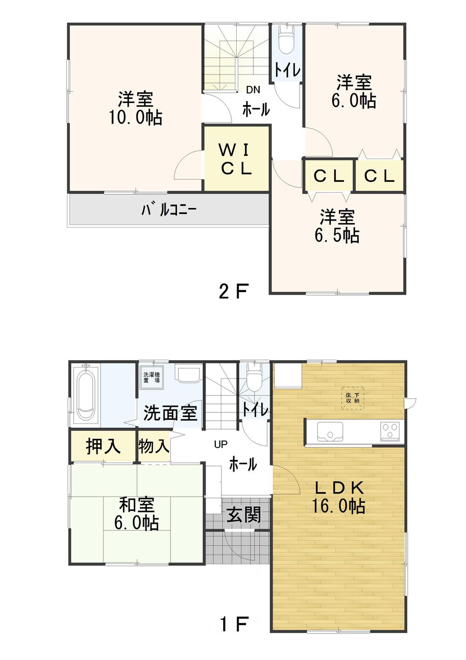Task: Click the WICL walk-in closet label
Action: point(236,159)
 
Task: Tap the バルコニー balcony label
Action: point(169,210)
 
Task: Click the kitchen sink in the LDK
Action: point(330,431)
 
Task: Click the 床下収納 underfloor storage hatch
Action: point(352,398)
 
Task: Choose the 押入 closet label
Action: point(103,446)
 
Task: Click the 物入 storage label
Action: point(153,446)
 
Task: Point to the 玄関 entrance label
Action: point(244,515)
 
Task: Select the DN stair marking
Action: point(253,90)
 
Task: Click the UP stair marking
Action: point(220,445)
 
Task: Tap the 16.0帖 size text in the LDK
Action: point(338,506)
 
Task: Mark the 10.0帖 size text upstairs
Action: point(136,118)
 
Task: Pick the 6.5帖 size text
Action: point(337,236)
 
